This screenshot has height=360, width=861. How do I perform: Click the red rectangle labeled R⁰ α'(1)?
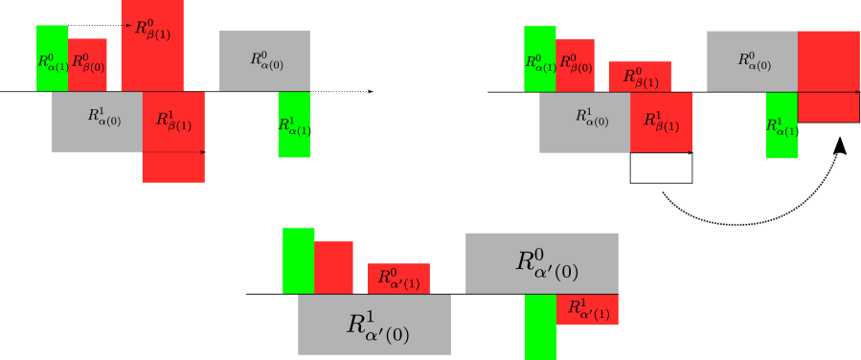398,278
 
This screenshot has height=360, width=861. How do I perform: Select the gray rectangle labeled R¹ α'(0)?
374,325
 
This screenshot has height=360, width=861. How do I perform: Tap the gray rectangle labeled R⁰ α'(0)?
541,262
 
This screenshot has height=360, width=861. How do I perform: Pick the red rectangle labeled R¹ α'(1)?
587,309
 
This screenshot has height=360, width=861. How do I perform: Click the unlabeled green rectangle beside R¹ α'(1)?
540,326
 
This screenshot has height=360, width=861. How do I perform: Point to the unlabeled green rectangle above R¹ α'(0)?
298,259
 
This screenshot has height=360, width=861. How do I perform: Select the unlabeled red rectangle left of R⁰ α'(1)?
333,266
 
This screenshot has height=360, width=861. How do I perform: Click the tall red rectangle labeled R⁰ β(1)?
152,45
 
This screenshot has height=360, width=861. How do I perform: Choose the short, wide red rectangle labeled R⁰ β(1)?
640,77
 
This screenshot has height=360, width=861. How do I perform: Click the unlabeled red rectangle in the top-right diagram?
828,76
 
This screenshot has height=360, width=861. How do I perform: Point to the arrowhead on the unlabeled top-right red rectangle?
856,92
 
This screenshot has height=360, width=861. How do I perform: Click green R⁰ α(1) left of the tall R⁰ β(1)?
52,58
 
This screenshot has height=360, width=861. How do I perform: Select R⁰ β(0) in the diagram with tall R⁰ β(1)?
87,64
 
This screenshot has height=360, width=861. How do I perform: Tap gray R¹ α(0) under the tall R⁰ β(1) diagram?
97,122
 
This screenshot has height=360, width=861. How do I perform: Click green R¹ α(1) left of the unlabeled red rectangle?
782,125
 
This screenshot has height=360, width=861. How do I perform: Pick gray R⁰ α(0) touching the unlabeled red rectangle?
752,60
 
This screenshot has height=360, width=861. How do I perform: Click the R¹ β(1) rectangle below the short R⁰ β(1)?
661,122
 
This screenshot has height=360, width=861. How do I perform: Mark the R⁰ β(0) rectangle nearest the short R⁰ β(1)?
576,65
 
